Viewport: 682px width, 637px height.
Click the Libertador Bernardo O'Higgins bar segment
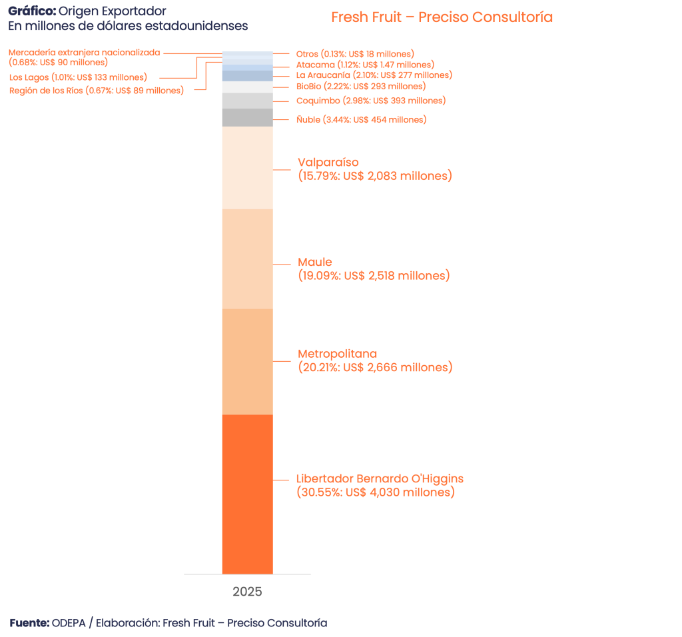247,493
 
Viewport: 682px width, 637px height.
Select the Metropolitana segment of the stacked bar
247,361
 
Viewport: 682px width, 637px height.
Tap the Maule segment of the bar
247,259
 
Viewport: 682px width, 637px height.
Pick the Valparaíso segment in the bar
247,167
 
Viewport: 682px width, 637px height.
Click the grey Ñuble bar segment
247,117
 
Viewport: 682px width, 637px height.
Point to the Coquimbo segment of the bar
247,101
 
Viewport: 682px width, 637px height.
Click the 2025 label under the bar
247,592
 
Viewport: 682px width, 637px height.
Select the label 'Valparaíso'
328,163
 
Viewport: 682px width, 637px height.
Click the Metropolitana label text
338,354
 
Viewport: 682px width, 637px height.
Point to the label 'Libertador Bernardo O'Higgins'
380,479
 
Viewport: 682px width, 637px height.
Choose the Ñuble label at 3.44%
361,120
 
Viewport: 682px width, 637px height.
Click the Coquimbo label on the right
370,101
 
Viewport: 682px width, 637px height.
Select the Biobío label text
360,87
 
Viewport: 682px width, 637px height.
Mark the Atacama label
365,65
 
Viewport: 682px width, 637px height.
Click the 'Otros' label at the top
355,53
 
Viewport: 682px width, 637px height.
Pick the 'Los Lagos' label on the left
78,77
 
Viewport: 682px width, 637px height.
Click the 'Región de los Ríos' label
96,91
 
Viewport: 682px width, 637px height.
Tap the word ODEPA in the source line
69,623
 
